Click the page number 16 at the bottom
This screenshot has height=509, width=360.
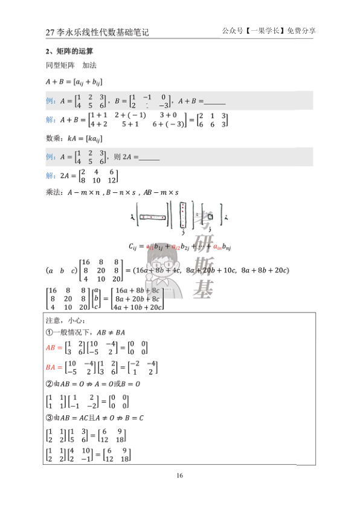179,476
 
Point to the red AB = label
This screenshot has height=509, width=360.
55,348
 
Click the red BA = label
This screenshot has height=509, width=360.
55,367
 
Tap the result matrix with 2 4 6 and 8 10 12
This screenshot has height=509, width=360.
96,177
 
